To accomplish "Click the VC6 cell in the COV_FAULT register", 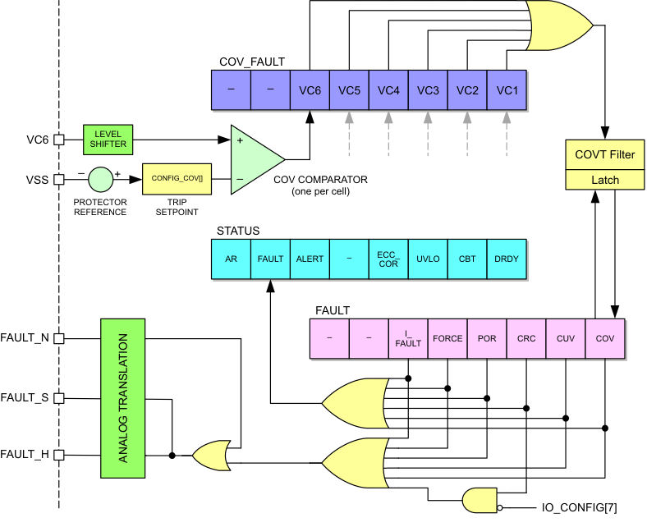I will click(310, 90).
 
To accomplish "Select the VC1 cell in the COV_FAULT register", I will click(507, 90).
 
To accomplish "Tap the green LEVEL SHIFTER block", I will click(110, 139).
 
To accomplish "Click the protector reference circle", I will click(101, 178).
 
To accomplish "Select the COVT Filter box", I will click(603, 154).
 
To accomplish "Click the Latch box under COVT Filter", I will click(603, 180).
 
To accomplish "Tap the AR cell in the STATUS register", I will click(231, 259).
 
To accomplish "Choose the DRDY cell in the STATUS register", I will click(507, 259).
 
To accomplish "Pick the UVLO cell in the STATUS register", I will click(428, 259).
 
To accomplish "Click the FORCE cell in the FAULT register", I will click(447, 338).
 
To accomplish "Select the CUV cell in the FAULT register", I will click(566, 338).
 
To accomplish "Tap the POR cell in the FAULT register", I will click(487, 338).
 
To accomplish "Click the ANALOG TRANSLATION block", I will click(122, 398).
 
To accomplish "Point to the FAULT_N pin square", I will click(58, 338).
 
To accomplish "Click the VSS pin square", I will click(58, 178).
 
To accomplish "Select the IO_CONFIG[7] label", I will click(579, 509).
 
